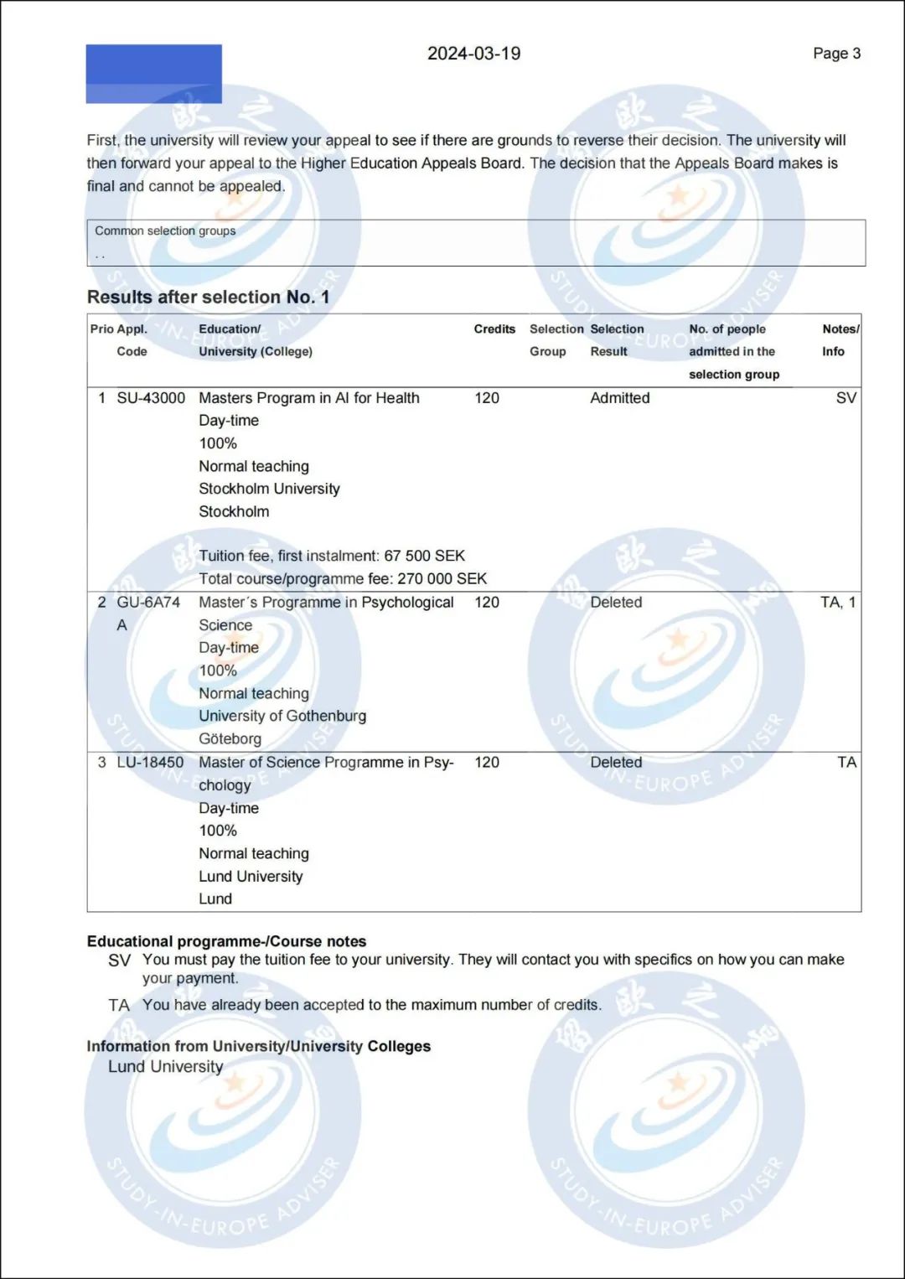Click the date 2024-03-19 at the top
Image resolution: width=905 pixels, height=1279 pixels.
[473, 54]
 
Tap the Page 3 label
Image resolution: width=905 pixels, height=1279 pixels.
[836, 54]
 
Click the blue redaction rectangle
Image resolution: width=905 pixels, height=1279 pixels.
[153, 74]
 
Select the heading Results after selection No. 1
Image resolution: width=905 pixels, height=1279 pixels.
[208, 297]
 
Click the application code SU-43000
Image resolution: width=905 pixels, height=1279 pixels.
[151, 398]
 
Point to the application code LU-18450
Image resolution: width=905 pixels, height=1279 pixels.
[150, 763]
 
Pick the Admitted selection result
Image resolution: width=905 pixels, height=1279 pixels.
[619, 398]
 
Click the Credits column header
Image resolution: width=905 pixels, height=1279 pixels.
[494, 329]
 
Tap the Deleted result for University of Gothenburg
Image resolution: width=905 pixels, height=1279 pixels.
[616, 603]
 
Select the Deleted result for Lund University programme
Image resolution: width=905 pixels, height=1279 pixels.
[616, 763]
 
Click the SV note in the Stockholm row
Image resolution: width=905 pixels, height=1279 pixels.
[846, 398]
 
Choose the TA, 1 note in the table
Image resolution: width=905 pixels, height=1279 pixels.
[838, 603]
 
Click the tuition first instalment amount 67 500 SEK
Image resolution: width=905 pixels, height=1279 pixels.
[425, 556]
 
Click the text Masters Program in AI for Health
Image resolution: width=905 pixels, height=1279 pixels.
[308, 398]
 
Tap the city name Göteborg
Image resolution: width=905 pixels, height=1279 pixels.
[230, 739]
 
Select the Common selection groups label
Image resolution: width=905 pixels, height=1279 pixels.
[165, 230]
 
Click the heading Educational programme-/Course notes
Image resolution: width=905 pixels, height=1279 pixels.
[226, 941]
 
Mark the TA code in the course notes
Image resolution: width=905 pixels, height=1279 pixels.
[119, 1005]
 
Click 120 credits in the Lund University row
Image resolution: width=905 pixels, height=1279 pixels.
[486, 763]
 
